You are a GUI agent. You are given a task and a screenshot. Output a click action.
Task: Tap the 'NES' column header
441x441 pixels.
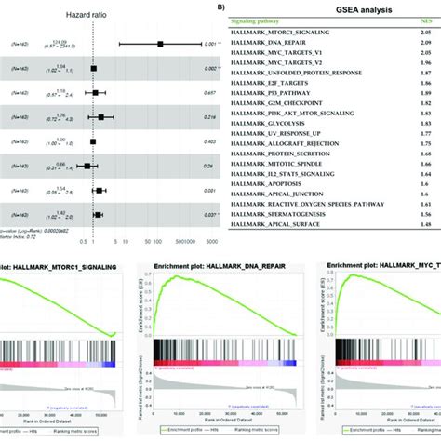tap(423, 33)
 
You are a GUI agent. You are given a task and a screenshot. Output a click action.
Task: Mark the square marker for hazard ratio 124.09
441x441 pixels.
tap(160, 44)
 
